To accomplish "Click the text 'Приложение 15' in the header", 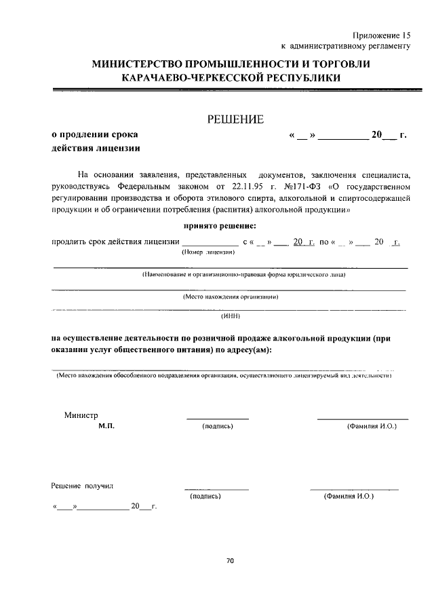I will click(x=382, y=35).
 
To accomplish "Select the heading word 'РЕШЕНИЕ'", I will click(x=235, y=119).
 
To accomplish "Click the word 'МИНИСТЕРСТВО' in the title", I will click(x=147, y=64).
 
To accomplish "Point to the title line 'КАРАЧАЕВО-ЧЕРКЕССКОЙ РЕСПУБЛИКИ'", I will click(x=230, y=78).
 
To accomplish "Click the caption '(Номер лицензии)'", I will click(x=208, y=252).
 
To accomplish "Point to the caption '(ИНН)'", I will click(x=230, y=316).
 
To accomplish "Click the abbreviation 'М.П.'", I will click(x=106, y=426).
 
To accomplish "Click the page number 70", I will click(x=230, y=560).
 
